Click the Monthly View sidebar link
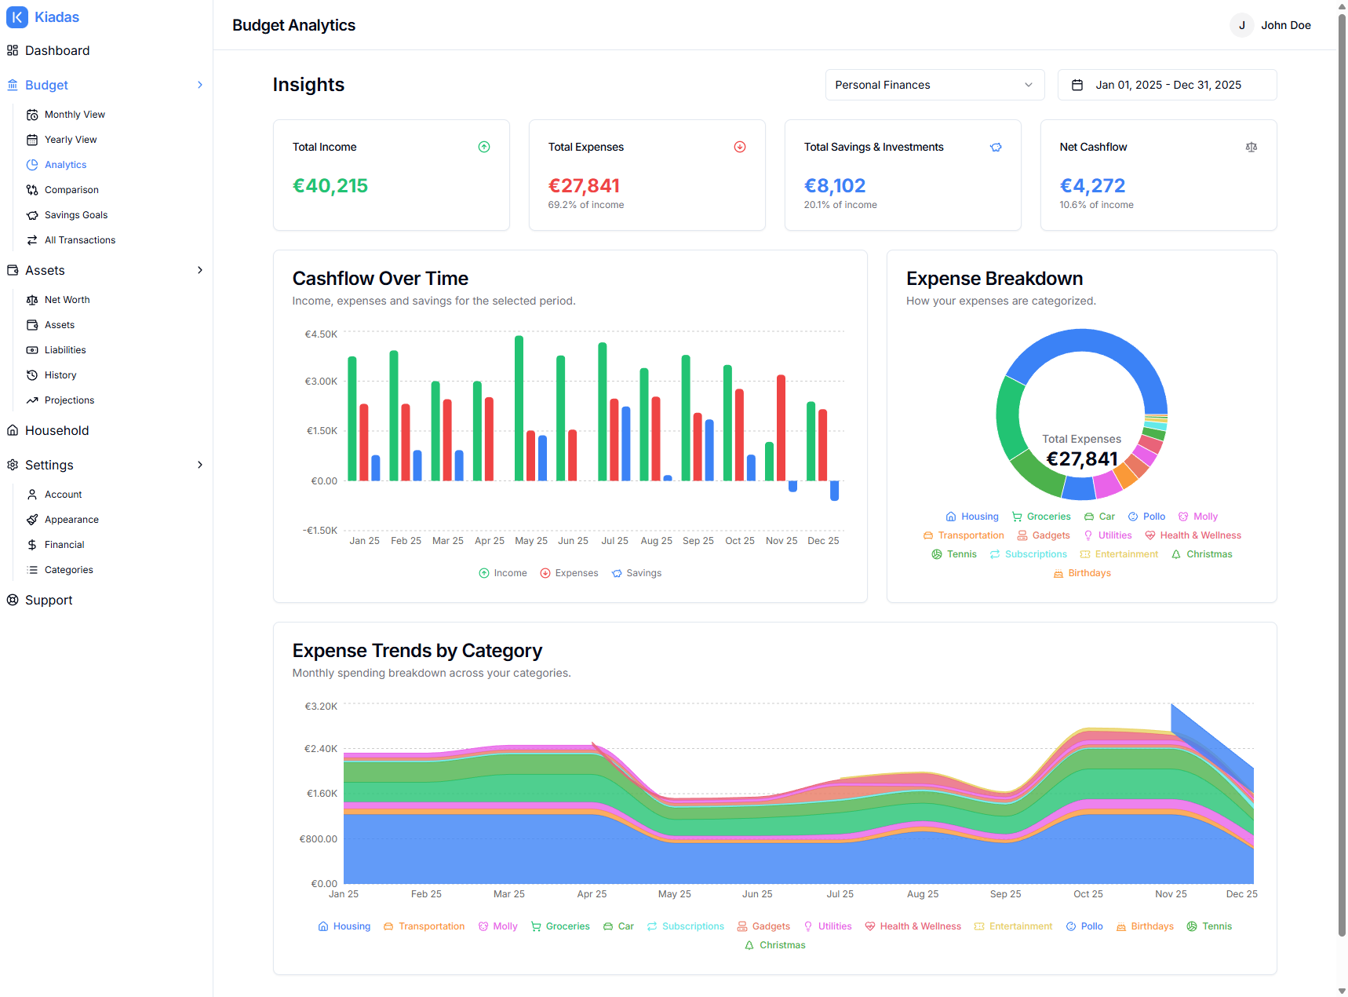(75, 115)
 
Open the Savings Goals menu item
(76, 215)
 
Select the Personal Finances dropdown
(934, 85)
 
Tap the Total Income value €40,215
(330, 186)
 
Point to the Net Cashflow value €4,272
(1092, 186)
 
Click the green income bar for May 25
(519, 408)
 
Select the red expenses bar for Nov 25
(781, 428)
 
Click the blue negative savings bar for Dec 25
(834, 491)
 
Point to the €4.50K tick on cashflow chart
(321, 334)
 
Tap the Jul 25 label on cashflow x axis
(614, 541)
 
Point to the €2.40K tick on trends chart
(321, 749)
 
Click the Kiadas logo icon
(17, 17)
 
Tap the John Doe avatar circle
(1241, 25)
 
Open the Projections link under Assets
(69, 400)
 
